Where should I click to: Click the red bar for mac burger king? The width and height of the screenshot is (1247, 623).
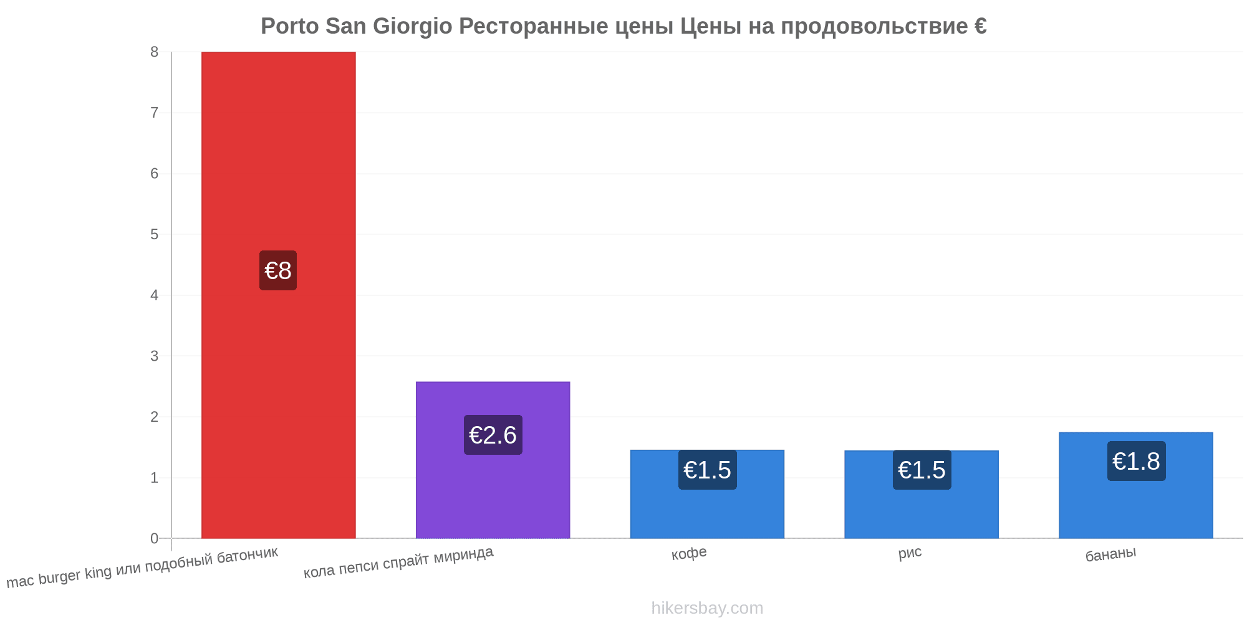[x=278, y=295]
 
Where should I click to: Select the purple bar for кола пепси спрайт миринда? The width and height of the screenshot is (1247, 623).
[x=493, y=460]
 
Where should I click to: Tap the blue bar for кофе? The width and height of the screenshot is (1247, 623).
[x=707, y=494]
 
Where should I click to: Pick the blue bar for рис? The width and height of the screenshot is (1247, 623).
[x=922, y=494]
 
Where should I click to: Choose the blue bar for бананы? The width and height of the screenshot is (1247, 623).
[x=1136, y=485]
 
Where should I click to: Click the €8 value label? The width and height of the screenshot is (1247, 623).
[x=278, y=270]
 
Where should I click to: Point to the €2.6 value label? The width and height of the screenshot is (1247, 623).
[x=493, y=435]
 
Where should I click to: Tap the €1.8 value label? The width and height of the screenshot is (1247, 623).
[x=1136, y=461]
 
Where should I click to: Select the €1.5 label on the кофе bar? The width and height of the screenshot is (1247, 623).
[x=707, y=470]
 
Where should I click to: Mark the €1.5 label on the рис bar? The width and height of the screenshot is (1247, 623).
[x=922, y=470]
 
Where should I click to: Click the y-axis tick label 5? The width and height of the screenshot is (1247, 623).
[x=154, y=234]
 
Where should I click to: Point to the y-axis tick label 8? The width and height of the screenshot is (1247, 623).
[x=154, y=52]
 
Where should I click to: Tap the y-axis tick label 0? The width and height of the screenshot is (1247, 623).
[x=154, y=538]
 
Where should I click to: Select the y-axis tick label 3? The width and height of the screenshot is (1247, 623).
[x=154, y=356]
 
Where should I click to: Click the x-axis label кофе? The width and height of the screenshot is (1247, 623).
[x=689, y=553]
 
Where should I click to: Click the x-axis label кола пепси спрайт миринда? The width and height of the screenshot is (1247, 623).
[x=398, y=562]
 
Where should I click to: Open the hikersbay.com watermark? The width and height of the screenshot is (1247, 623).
[x=707, y=608]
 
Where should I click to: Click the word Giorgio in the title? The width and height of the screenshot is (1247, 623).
[x=413, y=26]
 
